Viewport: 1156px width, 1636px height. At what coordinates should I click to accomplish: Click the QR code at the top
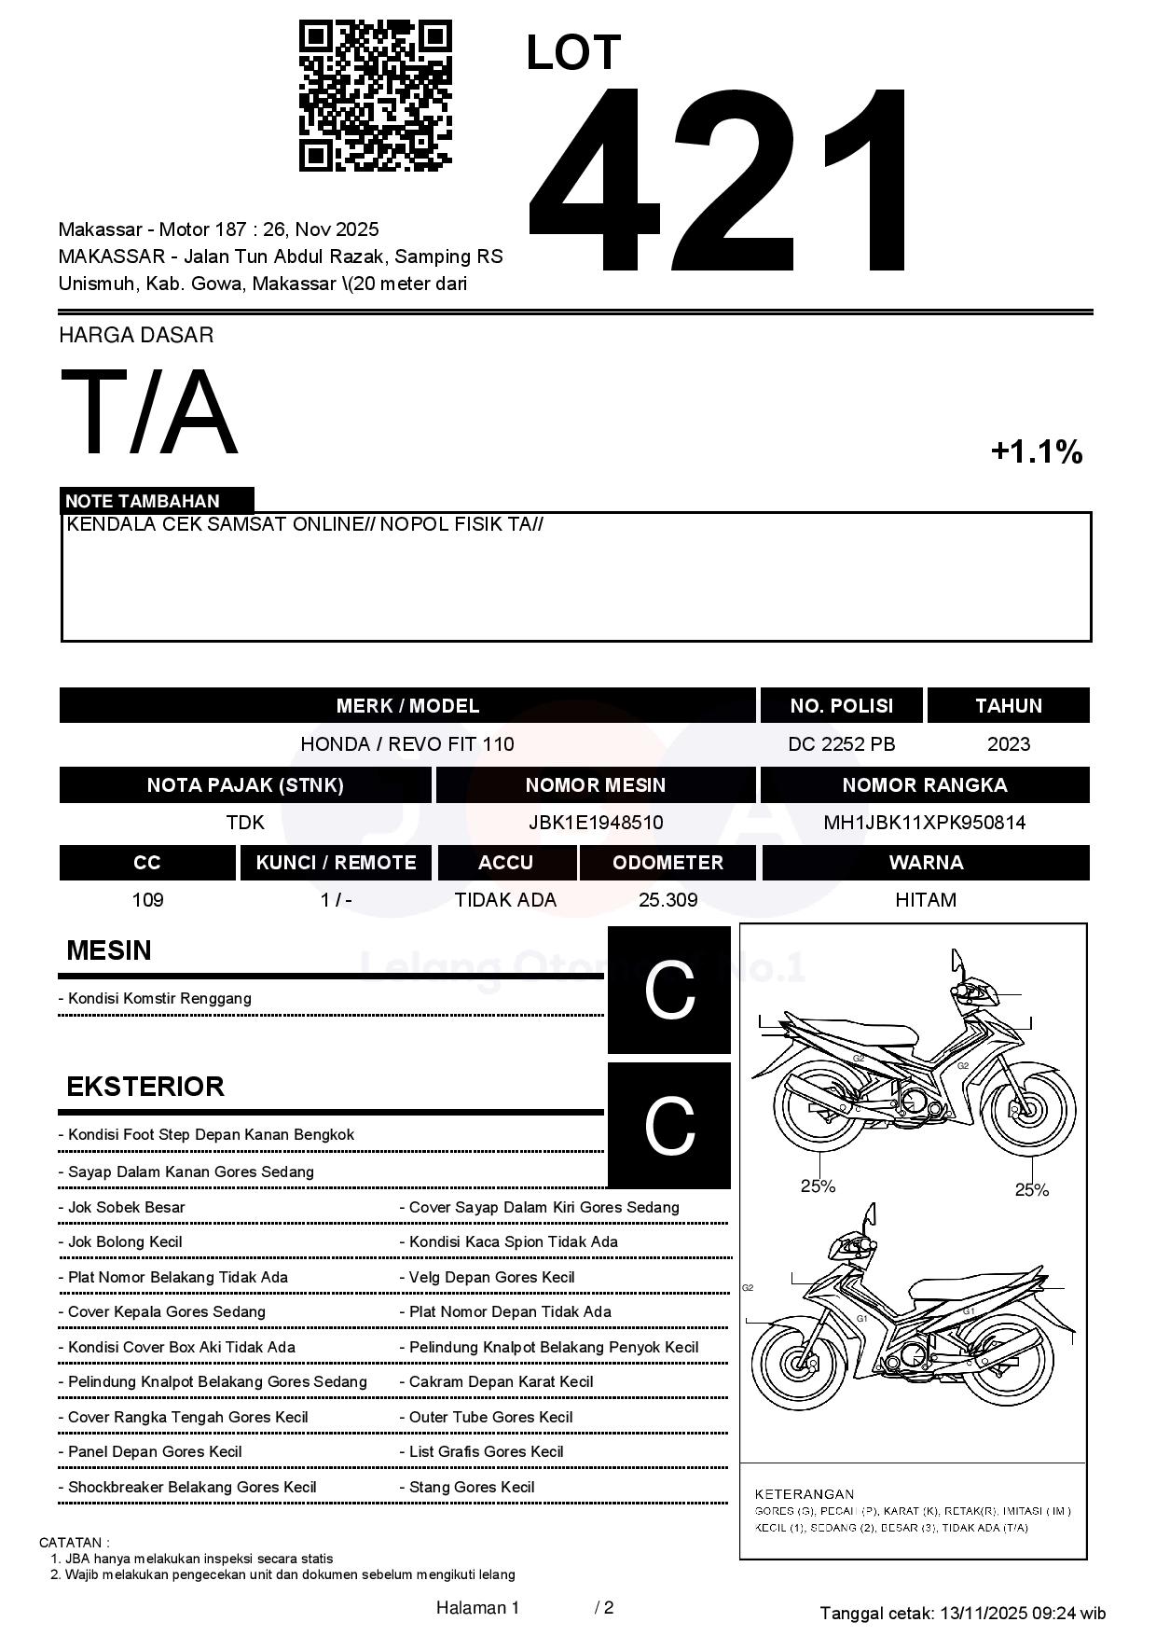375,96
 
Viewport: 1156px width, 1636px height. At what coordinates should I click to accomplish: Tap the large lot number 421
719,183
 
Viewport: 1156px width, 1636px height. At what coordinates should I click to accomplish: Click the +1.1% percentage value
1036,452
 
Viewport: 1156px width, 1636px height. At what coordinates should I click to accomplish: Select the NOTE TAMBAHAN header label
143,501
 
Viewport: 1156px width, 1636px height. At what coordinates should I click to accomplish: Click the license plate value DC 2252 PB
841,744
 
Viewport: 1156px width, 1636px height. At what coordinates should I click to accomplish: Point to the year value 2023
1008,744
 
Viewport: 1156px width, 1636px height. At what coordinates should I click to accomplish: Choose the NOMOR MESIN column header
595,785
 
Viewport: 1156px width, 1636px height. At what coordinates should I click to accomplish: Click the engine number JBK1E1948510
595,823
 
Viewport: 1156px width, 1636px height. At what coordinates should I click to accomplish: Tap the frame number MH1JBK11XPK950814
924,823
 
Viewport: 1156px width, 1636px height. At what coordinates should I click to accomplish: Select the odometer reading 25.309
667,900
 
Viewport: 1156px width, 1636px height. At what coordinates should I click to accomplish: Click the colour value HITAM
925,900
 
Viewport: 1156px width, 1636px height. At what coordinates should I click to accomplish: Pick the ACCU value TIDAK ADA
505,900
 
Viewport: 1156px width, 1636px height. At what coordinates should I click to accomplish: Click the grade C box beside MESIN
668,990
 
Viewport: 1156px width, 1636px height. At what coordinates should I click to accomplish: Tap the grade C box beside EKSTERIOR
668,1126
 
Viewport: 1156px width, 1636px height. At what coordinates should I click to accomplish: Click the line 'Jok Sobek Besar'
127,1207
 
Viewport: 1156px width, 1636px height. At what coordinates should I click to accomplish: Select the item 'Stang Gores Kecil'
472,1487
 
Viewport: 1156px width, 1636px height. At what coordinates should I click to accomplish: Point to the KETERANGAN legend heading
804,1493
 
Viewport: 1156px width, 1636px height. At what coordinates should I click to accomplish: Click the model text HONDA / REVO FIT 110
406,744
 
